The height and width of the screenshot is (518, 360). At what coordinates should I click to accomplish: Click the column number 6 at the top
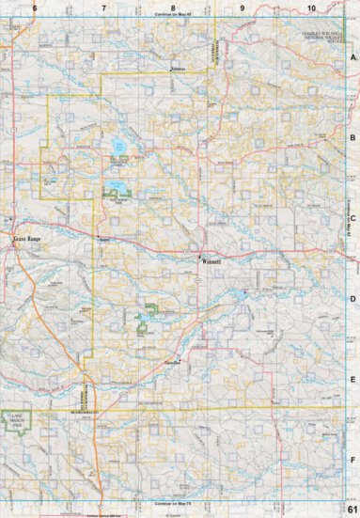click(x=34, y=8)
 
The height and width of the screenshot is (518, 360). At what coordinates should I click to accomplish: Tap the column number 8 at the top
click(x=173, y=8)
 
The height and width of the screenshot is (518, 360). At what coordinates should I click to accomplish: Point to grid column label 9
click(x=243, y=8)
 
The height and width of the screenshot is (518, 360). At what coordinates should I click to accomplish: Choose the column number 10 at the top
click(x=310, y=8)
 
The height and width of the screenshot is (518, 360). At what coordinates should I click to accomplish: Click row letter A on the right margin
click(x=352, y=57)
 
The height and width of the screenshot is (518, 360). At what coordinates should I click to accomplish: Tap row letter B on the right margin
click(x=352, y=137)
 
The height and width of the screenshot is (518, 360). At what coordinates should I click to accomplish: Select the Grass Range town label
click(x=27, y=241)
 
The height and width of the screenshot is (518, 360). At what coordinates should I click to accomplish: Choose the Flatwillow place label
click(x=173, y=362)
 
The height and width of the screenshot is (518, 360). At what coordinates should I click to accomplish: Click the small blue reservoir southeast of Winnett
click(x=244, y=293)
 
